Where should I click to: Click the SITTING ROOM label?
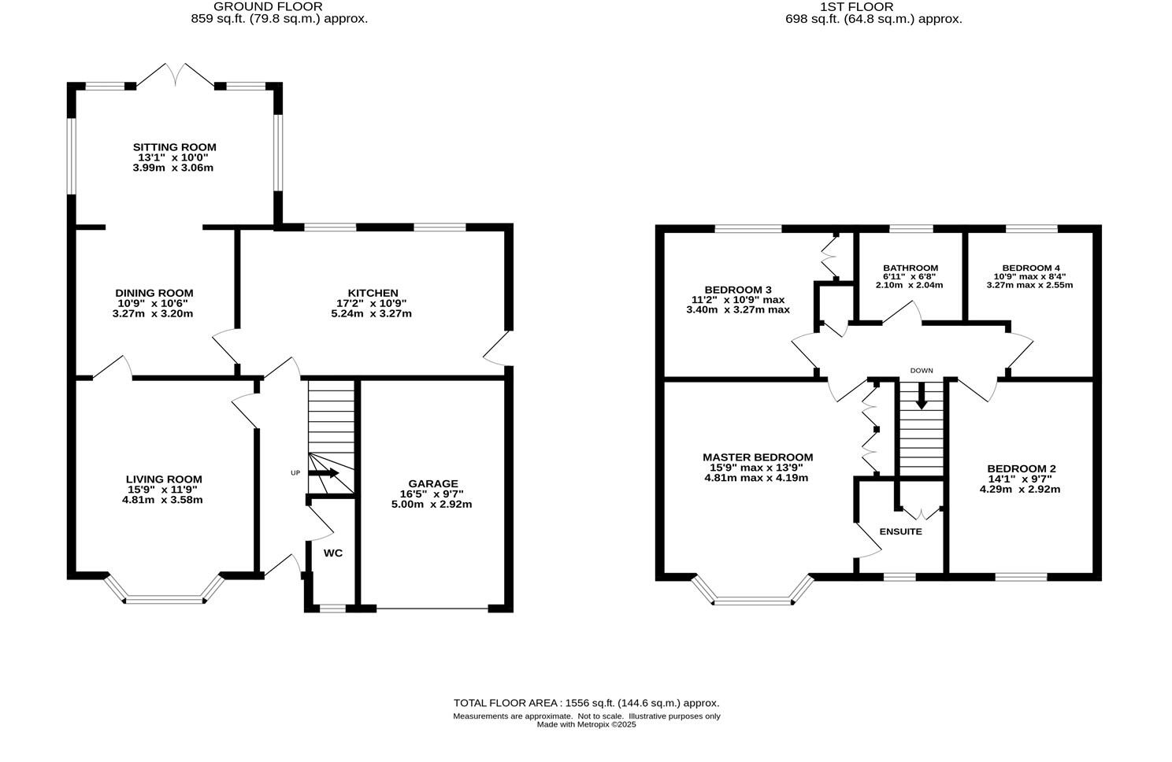tap(174, 147)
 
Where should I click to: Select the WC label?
tap(333, 553)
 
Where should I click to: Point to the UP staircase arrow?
tap(324, 473)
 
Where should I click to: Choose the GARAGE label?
tap(432, 483)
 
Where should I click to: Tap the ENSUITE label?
tap(900, 531)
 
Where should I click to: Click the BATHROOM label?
tap(910, 268)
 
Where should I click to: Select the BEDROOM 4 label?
tap(1029, 268)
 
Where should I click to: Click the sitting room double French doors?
tap(176, 75)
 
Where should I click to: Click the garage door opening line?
tap(432, 608)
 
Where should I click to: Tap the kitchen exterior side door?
tap(496, 349)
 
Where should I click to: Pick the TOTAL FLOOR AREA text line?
tap(586, 703)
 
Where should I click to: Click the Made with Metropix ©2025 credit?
tap(586, 725)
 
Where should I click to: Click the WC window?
tap(332, 608)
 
